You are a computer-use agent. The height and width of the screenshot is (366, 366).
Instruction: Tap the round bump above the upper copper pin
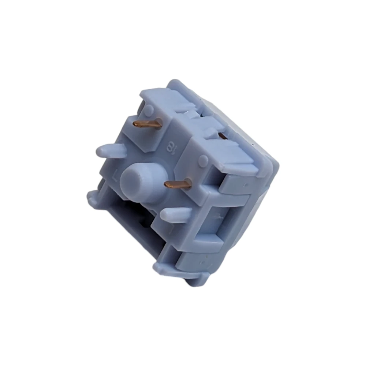[149, 109]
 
